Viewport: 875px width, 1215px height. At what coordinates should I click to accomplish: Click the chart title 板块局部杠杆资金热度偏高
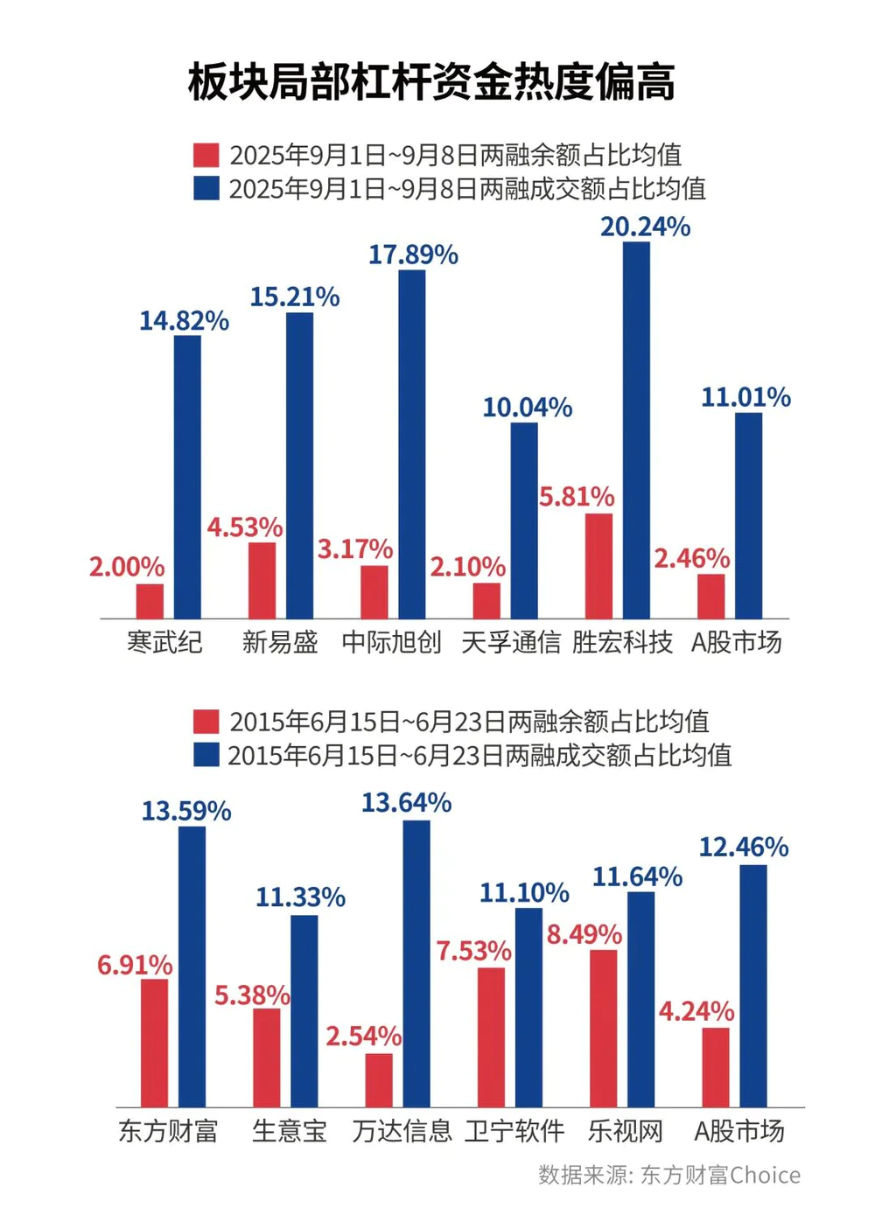[x=431, y=83]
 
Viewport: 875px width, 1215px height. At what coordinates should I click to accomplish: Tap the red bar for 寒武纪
[x=150, y=601]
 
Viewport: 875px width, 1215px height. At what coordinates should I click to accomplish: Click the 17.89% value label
[x=413, y=255]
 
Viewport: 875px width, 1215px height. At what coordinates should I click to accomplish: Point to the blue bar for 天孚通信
[x=524, y=520]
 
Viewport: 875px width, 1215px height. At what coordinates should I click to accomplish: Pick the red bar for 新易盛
[x=262, y=580]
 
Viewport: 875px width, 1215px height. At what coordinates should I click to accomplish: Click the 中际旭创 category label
[x=392, y=642]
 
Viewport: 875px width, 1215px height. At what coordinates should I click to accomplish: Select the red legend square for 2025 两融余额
[x=206, y=156]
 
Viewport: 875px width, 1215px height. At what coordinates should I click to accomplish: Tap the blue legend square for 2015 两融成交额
[x=206, y=755]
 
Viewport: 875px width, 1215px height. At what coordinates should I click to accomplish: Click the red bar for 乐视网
[x=603, y=1029]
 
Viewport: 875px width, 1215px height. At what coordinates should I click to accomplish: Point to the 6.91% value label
[x=135, y=965]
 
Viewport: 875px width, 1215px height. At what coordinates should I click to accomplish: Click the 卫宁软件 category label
[x=514, y=1131]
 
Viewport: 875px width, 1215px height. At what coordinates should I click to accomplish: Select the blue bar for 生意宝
[x=304, y=1011]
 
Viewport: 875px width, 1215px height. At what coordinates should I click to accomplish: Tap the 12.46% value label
[x=743, y=847]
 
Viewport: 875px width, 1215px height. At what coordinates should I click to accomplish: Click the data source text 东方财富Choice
[x=669, y=1175]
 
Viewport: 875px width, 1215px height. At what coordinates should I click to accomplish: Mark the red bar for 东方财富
[x=154, y=1043]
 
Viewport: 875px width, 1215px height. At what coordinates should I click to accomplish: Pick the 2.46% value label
[x=691, y=558]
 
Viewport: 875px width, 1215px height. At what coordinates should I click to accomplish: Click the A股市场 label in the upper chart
[x=737, y=642]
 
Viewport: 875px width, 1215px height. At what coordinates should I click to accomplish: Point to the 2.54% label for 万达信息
[x=363, y=1037]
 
